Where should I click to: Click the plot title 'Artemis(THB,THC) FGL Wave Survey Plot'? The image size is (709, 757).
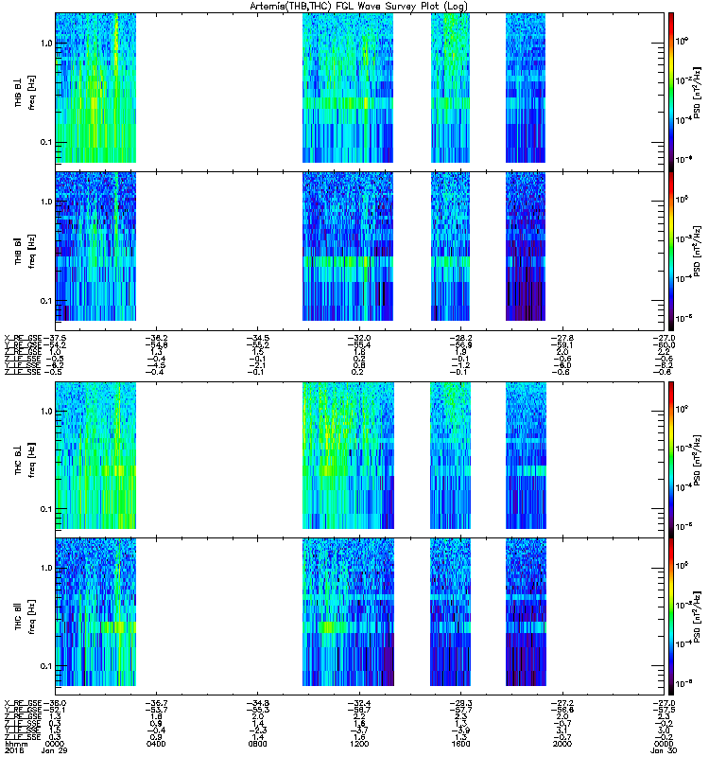tap(354, 6)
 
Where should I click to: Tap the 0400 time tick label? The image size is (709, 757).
tap(156, 744)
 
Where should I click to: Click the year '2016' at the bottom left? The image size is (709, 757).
tap(13, 751)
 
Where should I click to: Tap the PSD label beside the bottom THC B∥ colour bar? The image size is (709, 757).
tap(696, 615)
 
